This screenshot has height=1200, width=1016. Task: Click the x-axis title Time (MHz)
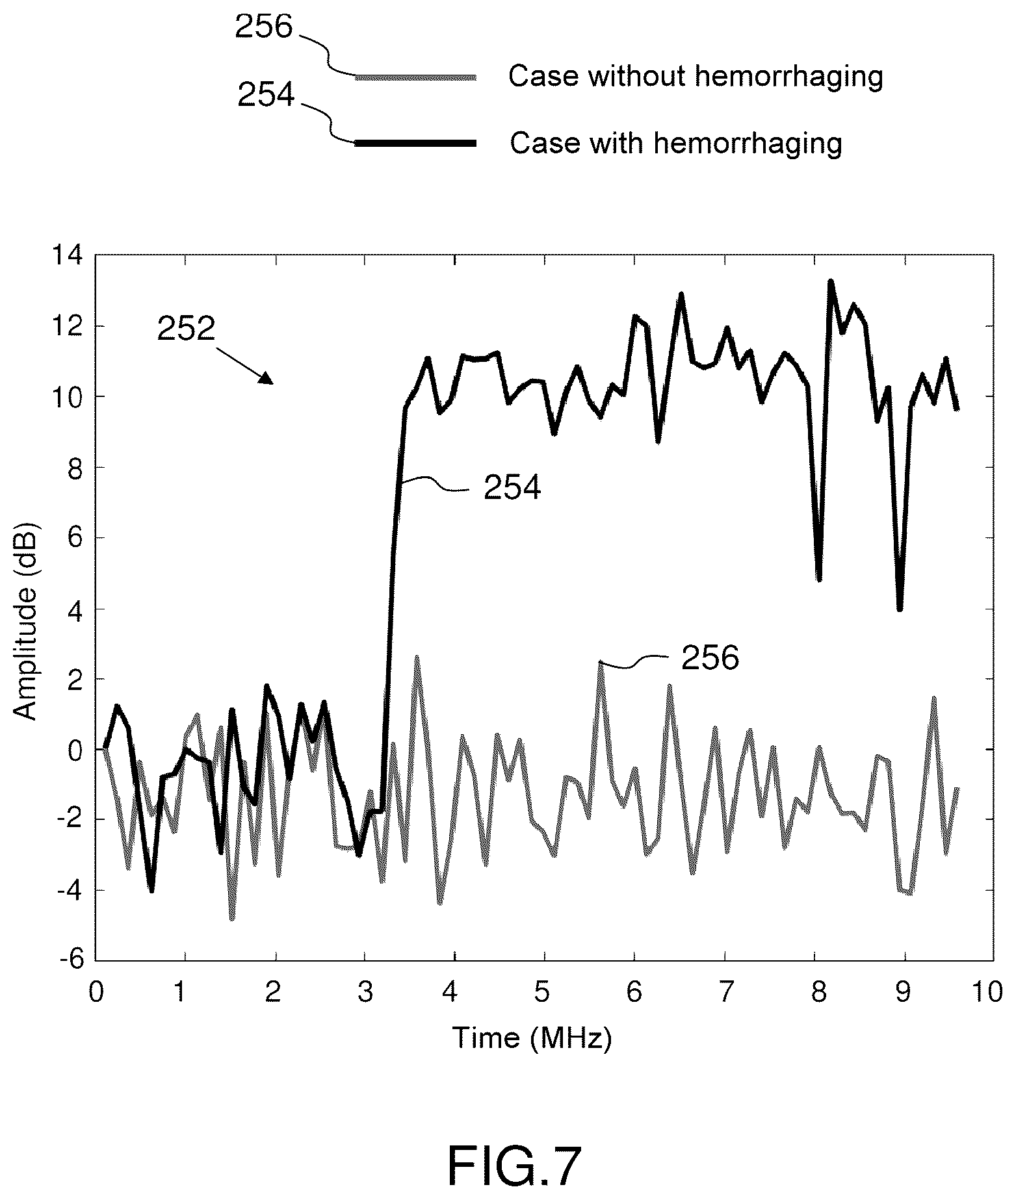click(x=532, y=1038)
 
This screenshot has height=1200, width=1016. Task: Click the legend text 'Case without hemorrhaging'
click(x=696, y=77)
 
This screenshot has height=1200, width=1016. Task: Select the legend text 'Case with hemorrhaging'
click(x=675, y=143)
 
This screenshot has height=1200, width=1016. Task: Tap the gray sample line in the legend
click(x=415, y=77)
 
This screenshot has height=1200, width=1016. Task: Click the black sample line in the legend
click(x=415, y=143)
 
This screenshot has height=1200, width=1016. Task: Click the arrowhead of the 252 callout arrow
click(x=267, y=379)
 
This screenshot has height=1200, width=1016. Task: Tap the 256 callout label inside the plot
click(x=710, y=659)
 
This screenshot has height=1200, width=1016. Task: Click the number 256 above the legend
click(x=265, y=27)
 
